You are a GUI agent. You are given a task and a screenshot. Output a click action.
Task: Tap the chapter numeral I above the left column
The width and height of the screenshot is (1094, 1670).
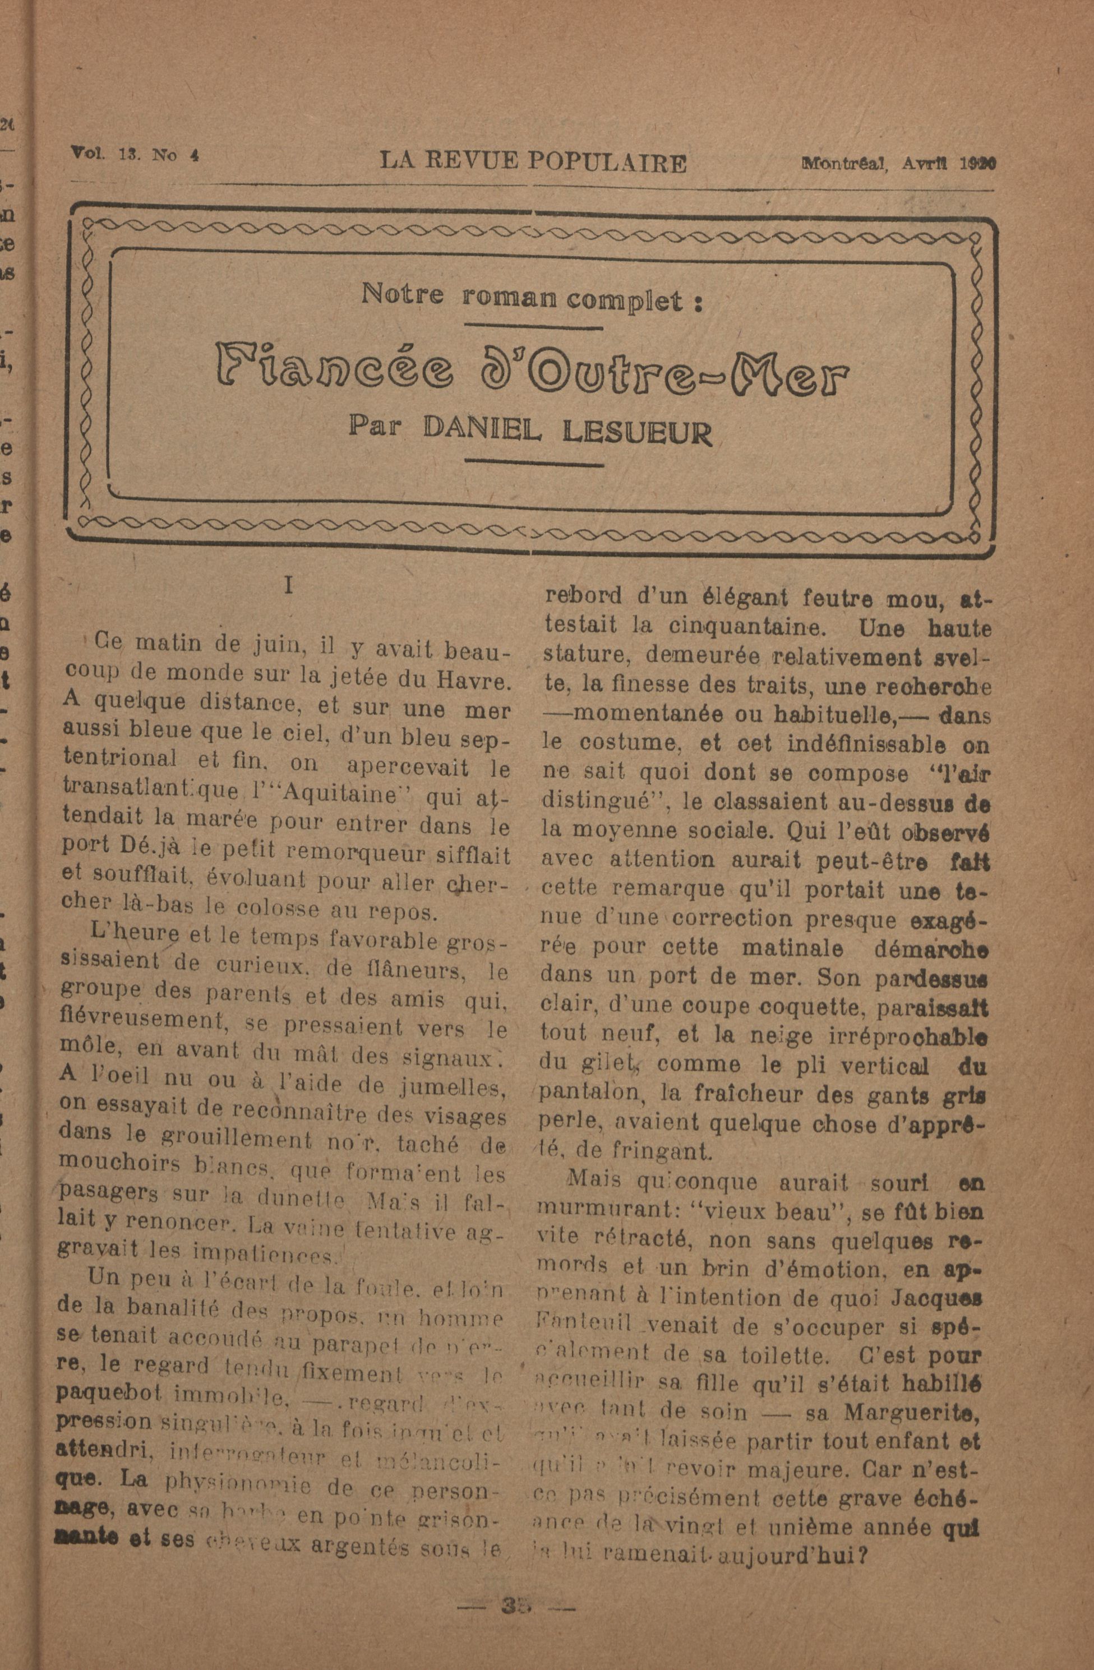pos(288,586)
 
